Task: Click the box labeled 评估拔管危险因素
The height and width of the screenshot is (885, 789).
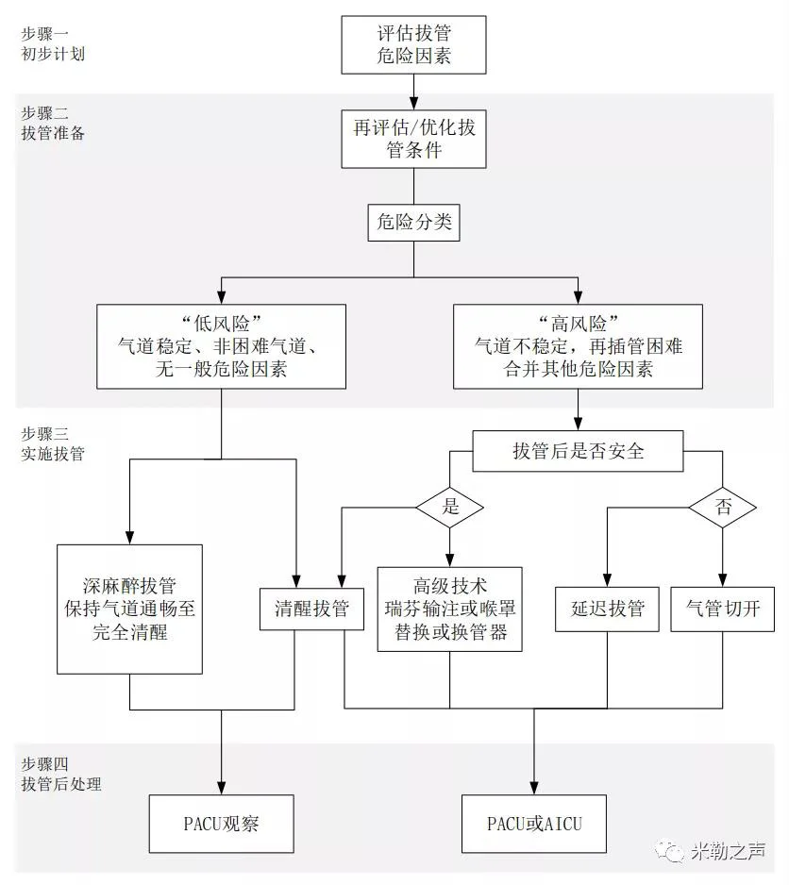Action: point(413,44)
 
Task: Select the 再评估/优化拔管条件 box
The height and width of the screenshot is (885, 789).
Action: point(413,139)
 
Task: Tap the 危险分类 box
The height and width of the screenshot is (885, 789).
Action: point(413,224)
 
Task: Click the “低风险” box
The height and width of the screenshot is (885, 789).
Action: point(222,346)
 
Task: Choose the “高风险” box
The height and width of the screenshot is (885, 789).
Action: point(578,346)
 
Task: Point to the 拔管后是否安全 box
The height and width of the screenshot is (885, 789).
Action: point(578,451)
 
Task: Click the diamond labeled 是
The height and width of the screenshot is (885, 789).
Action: point(449,507)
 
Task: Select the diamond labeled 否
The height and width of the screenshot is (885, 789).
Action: point(723,507)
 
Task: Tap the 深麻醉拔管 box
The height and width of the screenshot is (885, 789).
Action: point(129,609)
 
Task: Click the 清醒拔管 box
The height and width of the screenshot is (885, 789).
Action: point(304,609)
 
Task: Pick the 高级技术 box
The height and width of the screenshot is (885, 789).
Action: point(450,609)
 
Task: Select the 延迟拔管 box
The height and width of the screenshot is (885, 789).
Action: point(607,609)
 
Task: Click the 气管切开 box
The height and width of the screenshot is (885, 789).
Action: point(722,609)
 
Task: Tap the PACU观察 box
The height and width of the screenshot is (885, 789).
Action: point(221,824)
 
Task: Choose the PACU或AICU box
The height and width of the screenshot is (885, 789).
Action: point(534,824)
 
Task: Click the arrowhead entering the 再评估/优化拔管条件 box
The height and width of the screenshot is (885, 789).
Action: point(413,103)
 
